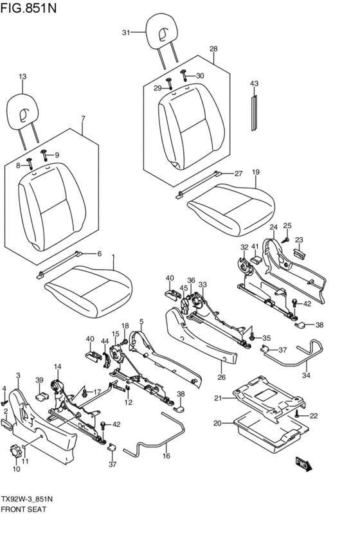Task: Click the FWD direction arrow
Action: [x=303, y=463]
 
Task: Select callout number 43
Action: [x=255, y=84]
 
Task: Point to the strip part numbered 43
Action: [x=255, y=113]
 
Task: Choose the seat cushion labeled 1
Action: [x=88, y=291]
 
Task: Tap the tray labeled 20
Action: [x=271, y=431]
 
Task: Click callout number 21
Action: [x=218, y=398]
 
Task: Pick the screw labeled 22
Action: [x=297, y=414]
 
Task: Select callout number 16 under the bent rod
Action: [x=166, y=456]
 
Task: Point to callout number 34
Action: [x=306, y=375]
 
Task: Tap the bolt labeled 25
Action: [x=285, y=240]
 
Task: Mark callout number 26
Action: [x=222, y=377]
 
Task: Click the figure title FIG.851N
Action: [x=28, y=7]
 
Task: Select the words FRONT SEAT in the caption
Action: [x=24, y=509]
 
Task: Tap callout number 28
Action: [x=213, y=49]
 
